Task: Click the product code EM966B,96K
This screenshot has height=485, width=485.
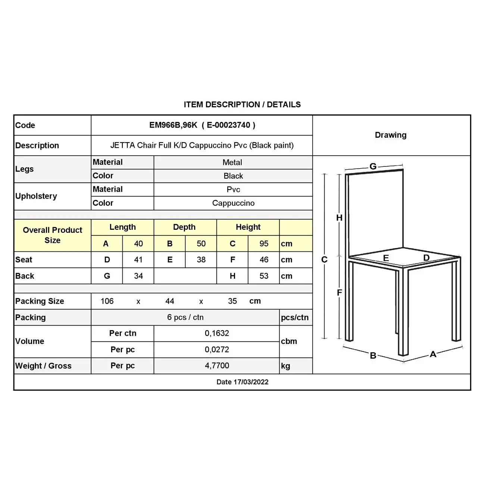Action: pyautogui.click(x=173, y=125)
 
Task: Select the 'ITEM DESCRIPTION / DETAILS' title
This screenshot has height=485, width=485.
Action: pyautogui.click(x=242, y=104)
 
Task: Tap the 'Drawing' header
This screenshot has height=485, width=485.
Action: pyautogui.click(x=391, y=135)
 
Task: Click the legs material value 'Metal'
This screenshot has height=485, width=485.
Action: pyautogui.click(x=232, y=162)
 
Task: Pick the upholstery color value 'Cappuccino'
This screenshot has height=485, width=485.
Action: pyautogui.click(x=233, y=203)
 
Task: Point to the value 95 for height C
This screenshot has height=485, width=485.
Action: pyautogui.click(x=264, y=244)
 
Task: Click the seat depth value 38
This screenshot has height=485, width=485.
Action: pyautogui.click(x=201, y=260)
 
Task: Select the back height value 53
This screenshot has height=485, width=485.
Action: pyautogui.click(x=264, y=276)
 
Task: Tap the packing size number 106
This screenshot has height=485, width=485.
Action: pyautogui.click(x=107, y=301)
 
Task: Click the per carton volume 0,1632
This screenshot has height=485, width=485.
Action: pyautogui.click(x=217, y=333)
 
